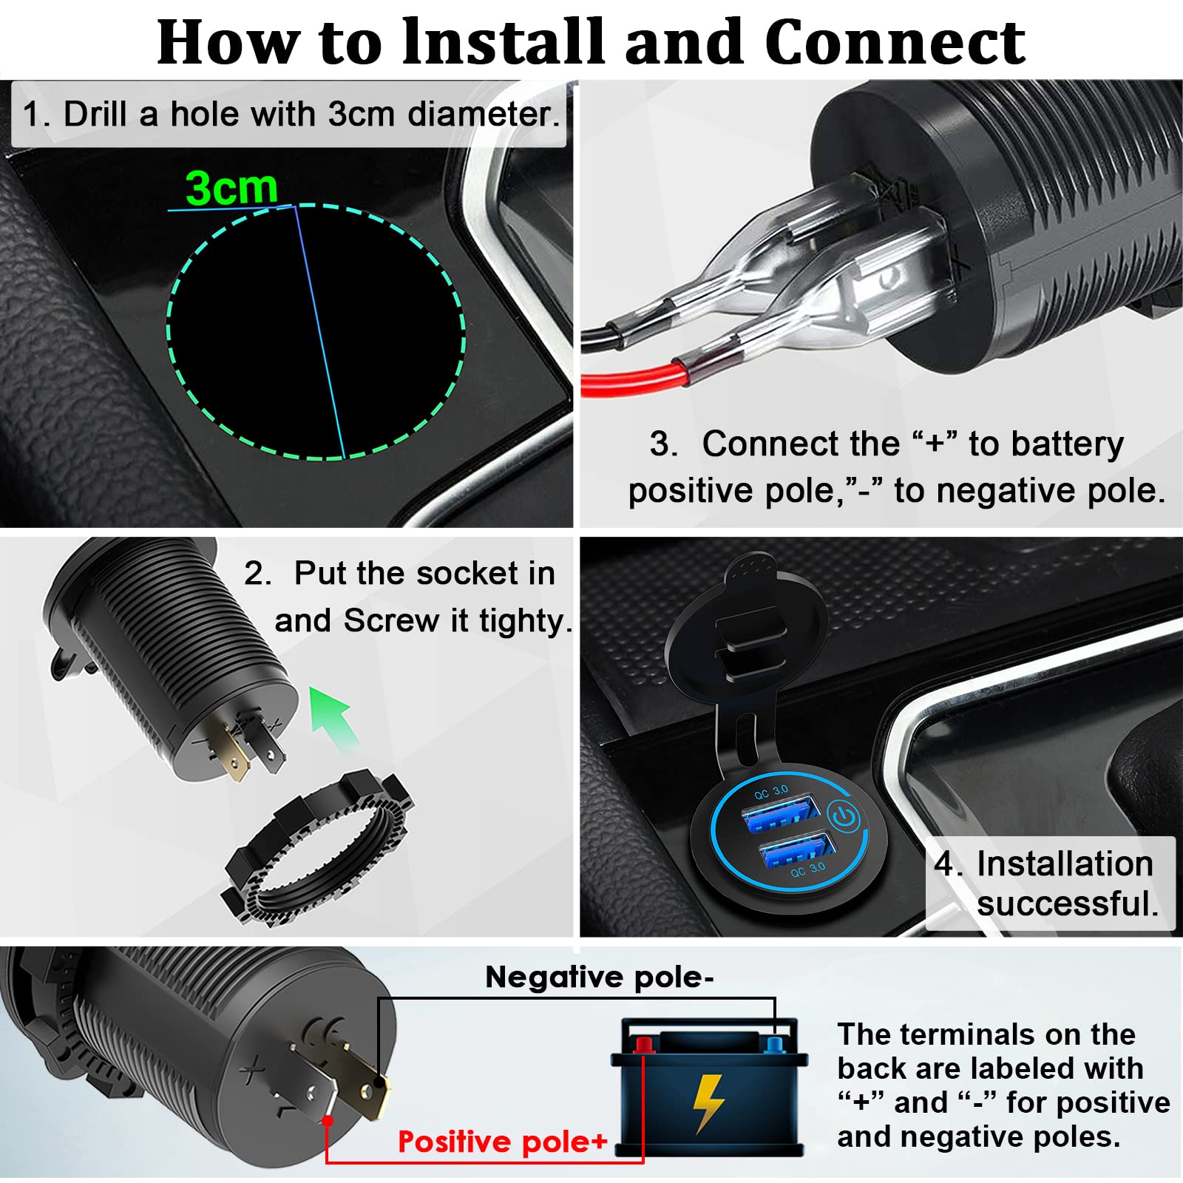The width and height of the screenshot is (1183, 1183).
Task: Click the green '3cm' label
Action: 231,188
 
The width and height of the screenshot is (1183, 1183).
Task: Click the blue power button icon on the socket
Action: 844,818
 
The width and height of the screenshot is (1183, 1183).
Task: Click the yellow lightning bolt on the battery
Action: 708,1102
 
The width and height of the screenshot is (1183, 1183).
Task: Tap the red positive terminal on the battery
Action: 644,1045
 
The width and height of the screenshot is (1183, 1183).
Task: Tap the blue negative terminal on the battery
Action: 775,1044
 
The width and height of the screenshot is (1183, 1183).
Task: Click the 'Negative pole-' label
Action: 599,977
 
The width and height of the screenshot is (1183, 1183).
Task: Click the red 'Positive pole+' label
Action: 502,1142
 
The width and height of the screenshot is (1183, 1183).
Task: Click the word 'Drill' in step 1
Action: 99,115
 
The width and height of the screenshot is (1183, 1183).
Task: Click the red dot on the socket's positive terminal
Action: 328,1120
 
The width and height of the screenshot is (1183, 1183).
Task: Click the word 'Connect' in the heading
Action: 895,42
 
